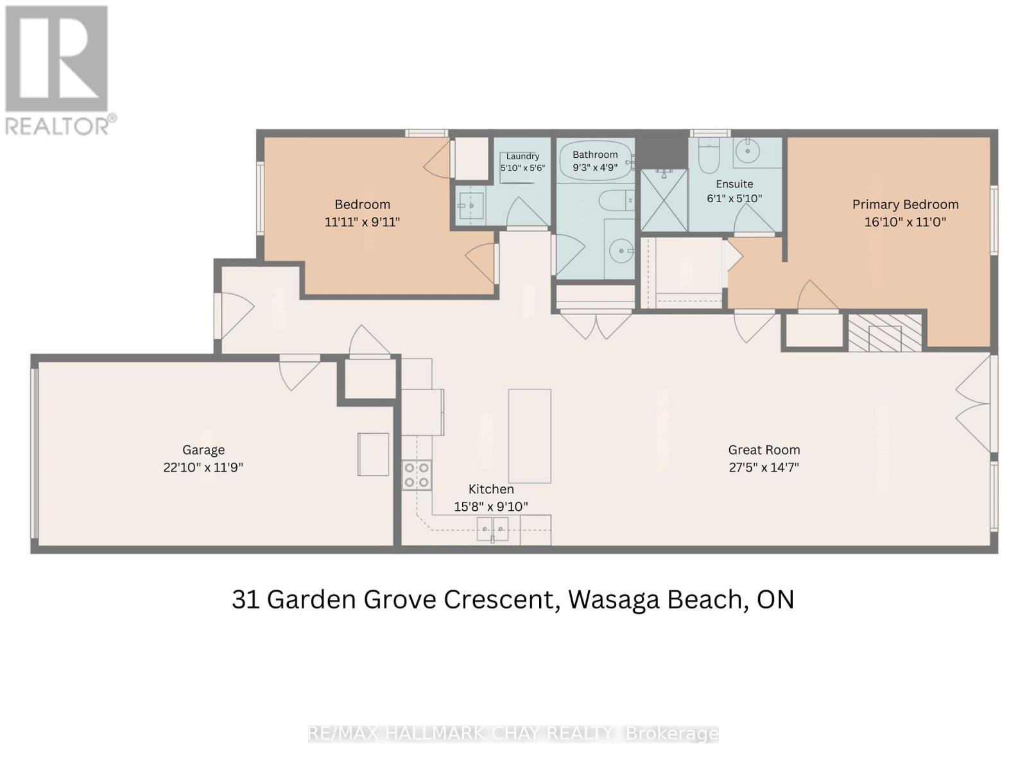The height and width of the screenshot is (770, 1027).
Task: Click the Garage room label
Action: tap(203, 450)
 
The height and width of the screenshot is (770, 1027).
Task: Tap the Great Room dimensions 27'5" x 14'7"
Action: tap(764, 467)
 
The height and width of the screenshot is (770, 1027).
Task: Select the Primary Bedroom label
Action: tap(905, 204)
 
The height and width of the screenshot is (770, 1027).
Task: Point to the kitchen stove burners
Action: tap(417, 475)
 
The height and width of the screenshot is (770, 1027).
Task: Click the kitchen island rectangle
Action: tap(530, 436)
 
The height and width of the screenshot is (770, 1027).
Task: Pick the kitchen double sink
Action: tap(492, 529)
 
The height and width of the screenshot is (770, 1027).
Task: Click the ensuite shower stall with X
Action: tap(664, 200)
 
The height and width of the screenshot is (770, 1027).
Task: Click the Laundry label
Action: tap(522, 156)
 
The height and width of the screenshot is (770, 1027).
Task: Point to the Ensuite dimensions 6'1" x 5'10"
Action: tap(734, 198)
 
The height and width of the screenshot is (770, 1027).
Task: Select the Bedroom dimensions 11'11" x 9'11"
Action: tap(362, 222)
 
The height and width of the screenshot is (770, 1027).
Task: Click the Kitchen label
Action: tap(491, 489)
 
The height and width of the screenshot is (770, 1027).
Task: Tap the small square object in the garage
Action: tap(373, 454)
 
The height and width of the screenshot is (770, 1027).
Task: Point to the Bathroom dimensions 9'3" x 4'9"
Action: tap(595, 167)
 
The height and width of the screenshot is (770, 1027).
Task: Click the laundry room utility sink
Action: tap(469, 206)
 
